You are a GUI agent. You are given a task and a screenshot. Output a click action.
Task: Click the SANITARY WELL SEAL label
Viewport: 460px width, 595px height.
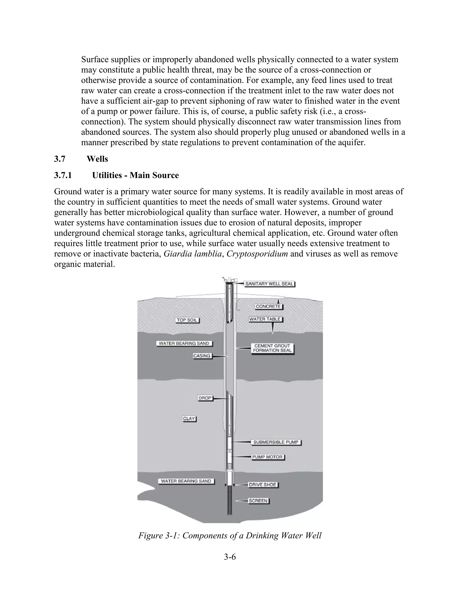click(269, 284)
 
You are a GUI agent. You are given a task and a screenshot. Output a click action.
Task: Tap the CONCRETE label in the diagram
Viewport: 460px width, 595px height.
click(268, 306)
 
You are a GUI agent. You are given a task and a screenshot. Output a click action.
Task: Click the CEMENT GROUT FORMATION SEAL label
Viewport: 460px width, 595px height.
click(272, 348)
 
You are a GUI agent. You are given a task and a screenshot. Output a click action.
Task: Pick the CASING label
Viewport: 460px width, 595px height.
click(202, 356)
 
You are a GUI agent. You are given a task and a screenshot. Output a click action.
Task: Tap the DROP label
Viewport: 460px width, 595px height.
click(205, 398)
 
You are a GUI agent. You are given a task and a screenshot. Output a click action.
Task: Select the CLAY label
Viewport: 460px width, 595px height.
click(189, 419)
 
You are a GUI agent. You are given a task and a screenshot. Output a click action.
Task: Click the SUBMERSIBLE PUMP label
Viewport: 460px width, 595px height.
click(276, 442)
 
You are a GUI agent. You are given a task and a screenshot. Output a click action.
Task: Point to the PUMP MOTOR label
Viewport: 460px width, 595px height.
click(267, 457)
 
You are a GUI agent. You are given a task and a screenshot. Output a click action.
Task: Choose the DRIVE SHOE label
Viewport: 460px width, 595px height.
click(263, 485)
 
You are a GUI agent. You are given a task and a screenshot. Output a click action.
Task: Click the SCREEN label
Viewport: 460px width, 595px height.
click(258, 501)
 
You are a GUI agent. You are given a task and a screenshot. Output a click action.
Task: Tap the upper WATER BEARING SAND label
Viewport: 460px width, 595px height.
click(184, 344)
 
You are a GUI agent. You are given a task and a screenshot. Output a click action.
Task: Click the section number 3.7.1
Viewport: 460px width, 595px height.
click(63, 175)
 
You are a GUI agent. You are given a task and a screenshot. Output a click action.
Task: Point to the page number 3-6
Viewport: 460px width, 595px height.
click(230, 557)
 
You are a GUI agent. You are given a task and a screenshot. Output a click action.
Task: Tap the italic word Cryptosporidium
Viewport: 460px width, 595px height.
click(257, 254)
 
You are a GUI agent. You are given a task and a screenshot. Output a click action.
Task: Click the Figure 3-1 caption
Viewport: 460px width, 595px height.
click(230, 535)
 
